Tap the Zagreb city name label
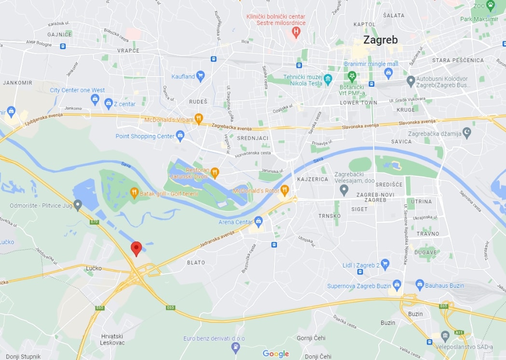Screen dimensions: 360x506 381,40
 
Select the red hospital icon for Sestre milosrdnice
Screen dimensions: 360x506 296,32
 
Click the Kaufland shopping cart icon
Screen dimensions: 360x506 201,76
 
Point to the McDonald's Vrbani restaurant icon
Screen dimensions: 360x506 198,119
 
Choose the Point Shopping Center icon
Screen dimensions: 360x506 180,136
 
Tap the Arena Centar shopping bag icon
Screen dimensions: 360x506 259,222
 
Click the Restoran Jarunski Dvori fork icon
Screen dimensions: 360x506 215,173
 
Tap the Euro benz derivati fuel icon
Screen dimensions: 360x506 235,347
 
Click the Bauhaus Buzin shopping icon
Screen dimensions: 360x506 419,285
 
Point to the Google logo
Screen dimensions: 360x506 275,354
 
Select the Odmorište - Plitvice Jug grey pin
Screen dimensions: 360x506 78,205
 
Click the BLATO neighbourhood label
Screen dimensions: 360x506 196,263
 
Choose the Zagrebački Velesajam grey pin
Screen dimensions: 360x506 343,190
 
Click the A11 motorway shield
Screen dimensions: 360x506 459,332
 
